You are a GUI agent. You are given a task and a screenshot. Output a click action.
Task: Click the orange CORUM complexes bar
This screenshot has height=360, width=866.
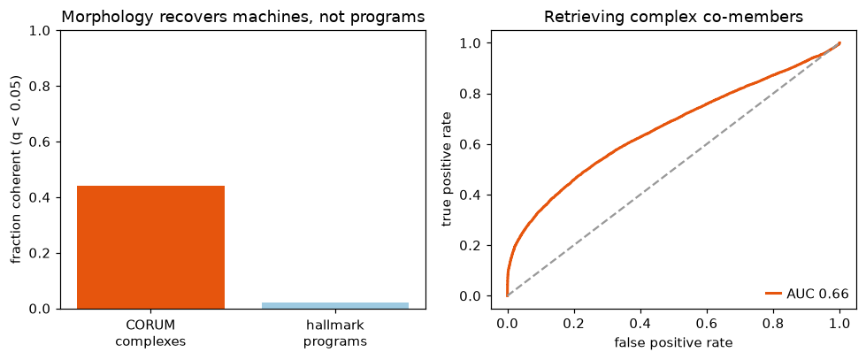click(x=150, y=248)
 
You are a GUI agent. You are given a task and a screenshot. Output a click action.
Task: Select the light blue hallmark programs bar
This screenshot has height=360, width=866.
click(x=335, y=305)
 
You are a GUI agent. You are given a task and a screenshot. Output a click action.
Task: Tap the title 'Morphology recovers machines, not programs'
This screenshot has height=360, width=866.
click(x=243, y=17)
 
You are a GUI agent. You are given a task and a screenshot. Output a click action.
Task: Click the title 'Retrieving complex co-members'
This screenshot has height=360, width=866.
click(x=673, y=17)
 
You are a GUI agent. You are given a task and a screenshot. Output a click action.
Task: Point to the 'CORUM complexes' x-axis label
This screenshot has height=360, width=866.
click(x=150, y=333)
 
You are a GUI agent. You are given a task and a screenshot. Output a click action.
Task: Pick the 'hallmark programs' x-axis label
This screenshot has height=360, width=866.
click(x=335, y=333)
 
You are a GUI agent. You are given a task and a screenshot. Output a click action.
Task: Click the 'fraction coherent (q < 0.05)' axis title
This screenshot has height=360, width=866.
click(x=19, y=170)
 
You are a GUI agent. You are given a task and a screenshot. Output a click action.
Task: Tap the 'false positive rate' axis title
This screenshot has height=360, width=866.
click(x=673, y=343)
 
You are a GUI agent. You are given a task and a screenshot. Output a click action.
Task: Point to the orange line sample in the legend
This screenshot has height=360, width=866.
click(x=773, y=294)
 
